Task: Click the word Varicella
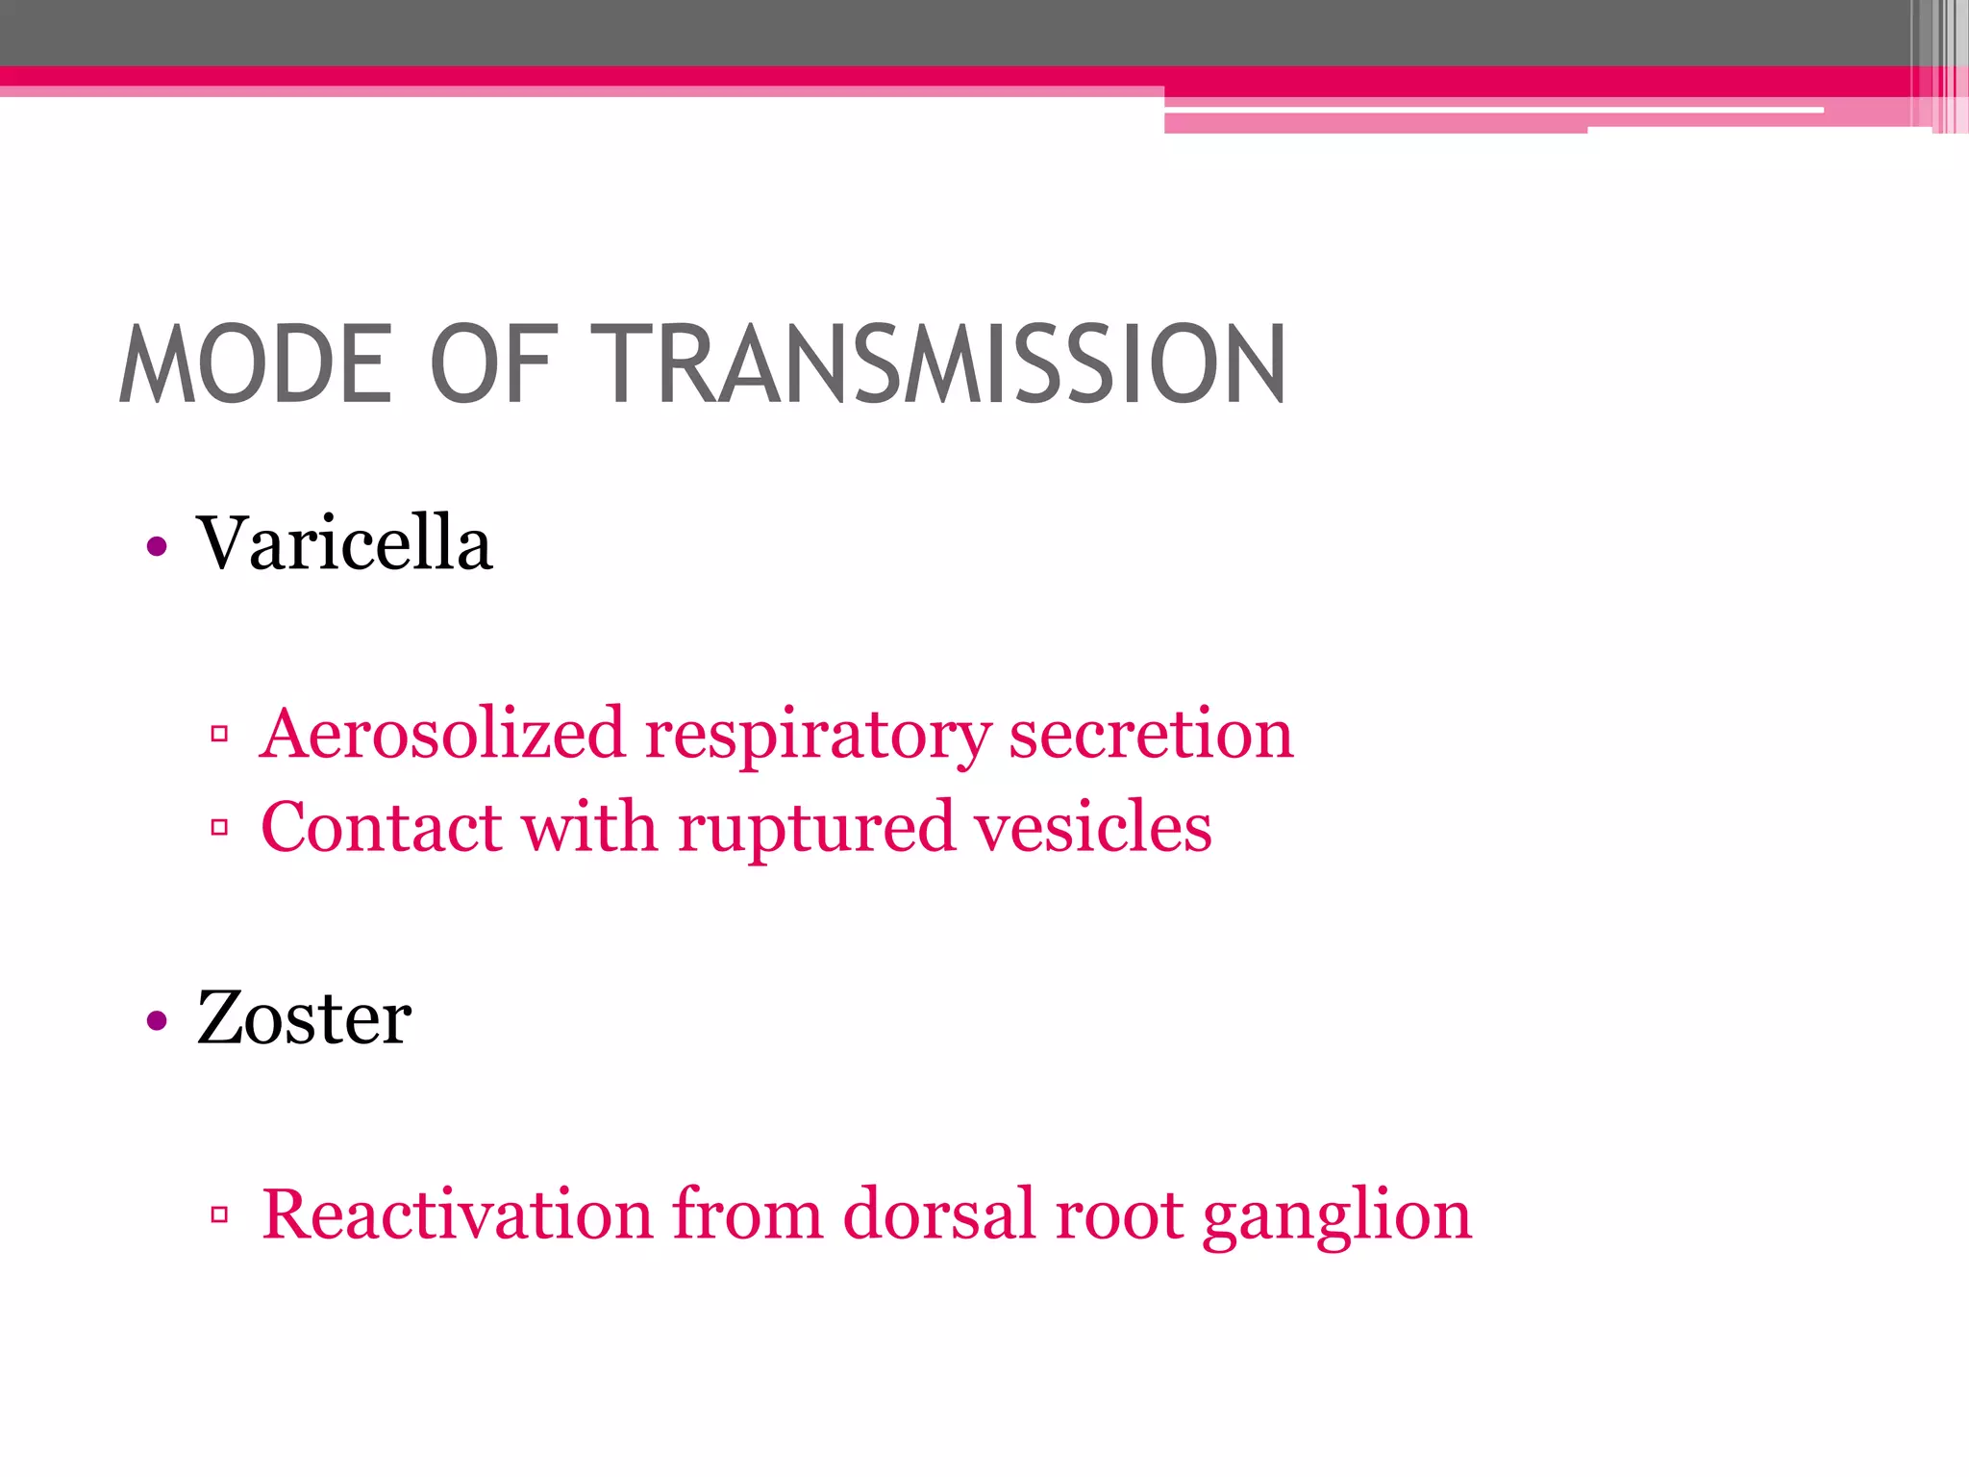click(x=344, y=543)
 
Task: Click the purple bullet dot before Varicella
click(x=157, y=547)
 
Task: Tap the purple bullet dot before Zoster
click(x=157, y=1020)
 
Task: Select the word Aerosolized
click(x=442, y=734)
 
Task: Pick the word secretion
click(x=1150, y=734)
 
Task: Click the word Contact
click(x=381, y=827)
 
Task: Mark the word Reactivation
click(x=457, y=1214)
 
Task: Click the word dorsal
click(x=939, y=1214)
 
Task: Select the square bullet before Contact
click(x=219, y=827)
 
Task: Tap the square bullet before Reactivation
click(x=219, y=1214)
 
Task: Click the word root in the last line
click(x=1119, y=1215)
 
